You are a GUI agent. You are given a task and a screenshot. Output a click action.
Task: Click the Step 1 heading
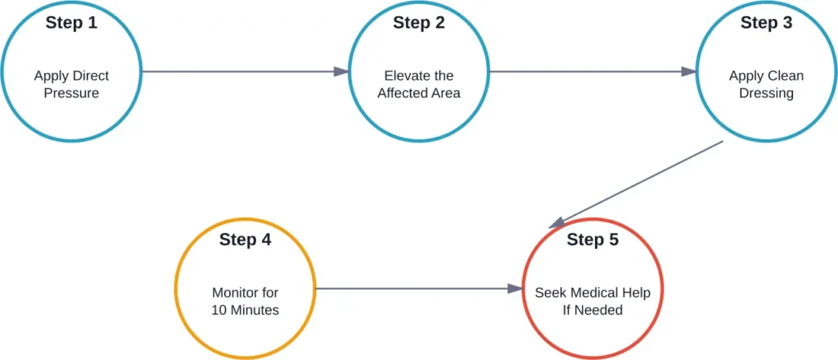tap(71, 23)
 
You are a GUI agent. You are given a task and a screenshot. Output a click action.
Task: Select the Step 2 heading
tap(419, 23)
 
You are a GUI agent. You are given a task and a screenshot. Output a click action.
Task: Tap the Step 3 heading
tap(766, 23)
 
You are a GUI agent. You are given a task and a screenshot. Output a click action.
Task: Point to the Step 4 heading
tap(245, 240)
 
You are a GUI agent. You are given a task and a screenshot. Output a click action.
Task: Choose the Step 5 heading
tap(592, 240)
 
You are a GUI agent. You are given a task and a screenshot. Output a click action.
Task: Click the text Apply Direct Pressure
tap(71, 84)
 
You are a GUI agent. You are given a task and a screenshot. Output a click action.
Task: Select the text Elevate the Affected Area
tap(419, 84)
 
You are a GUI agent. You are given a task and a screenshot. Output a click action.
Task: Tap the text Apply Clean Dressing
tap(766, 84)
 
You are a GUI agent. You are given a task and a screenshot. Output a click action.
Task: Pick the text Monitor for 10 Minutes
tap(245, 301)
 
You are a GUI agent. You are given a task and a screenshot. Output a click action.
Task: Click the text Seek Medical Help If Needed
tap(592, 301)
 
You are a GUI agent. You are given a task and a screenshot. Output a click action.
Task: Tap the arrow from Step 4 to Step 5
tap(417, 289)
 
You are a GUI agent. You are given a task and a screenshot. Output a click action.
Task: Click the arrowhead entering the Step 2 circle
tap(342, 72)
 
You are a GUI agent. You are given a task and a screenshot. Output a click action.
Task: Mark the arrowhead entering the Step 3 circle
tap(689, 72)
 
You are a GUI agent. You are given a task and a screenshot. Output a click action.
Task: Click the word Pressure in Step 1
tap(71, 93)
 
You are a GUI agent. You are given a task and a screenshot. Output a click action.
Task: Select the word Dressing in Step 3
tap(766, 93)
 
